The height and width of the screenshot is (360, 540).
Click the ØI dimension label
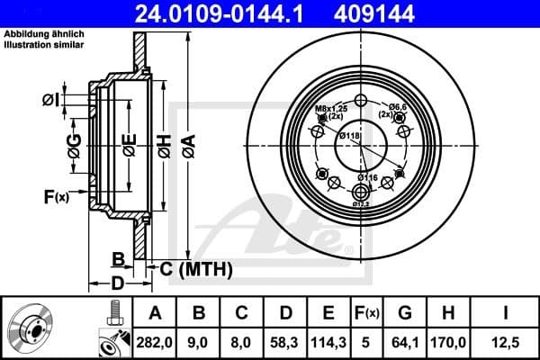point(52,101)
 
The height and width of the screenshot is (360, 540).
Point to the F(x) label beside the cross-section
point(56,196)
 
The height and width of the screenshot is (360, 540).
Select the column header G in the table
point(404,313)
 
